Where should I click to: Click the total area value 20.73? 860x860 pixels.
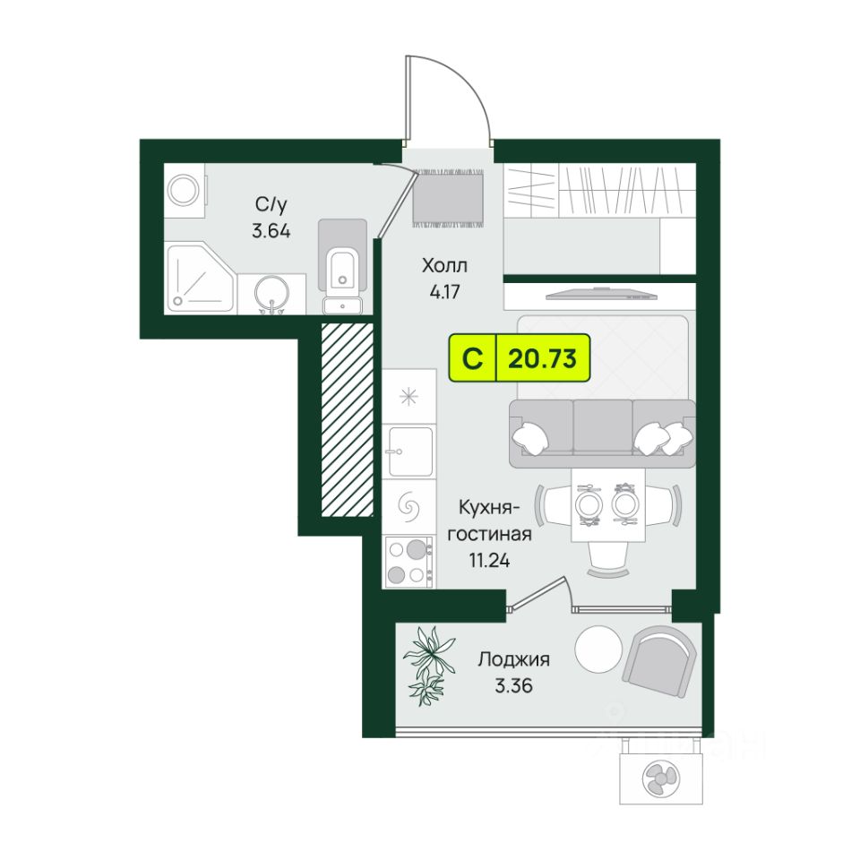pos(541,359)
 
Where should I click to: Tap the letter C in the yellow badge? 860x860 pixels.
pos(472,359)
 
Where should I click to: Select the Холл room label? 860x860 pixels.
pos(445,266)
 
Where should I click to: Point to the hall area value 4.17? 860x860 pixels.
pos(445,290)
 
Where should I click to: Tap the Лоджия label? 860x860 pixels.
pos(513,660)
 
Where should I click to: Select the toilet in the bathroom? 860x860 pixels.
pos(341,260)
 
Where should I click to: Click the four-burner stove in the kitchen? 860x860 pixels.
pos(408,561)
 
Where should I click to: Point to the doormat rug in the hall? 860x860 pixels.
pos(448,196)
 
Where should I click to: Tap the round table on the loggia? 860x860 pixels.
pos(598,649)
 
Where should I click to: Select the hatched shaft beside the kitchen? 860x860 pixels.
pos(348,418)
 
